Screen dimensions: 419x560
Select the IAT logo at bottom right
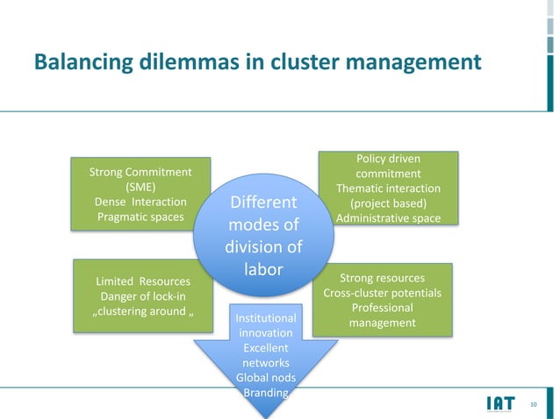pyautogui.click(x=500, y=403)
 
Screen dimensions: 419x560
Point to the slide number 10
pyautogui.click(x=535, y=404)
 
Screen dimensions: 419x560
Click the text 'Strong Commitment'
pyautogui.click(x=140, y=171)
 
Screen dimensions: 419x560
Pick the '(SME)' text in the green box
pyautogui.click(x=140, y=187)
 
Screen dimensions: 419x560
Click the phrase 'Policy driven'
pyautogui.click(x=388, y=159)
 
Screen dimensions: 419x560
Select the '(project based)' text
pyautogui.click(x=388, y=203)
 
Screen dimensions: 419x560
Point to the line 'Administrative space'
pyautogui.click(x=388, y=218)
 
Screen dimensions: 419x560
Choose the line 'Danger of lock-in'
pyautogui.click(x=142, y=296)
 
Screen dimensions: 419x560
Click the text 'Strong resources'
pyautogui.click(x=382, y=278)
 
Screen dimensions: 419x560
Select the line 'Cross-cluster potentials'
pyautogui.click(x=382, y=293)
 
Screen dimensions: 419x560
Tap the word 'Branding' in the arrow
pyautogui.click(x=265, y=393)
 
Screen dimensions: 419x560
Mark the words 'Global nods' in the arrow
pyautogui.click(x=265, y=377)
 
